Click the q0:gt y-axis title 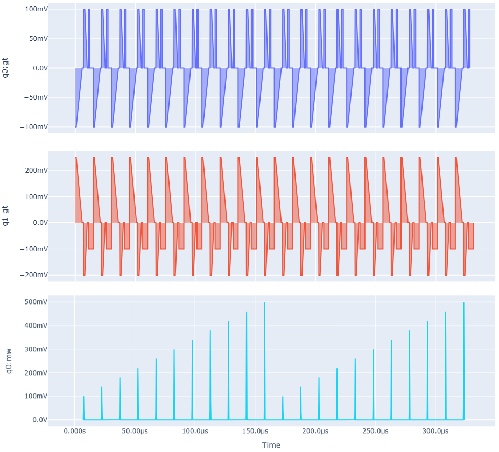[x=6, y=68]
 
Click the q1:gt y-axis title [x=6, y=215]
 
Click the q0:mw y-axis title [x=6, y=359]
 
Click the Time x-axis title [x=271, y=445]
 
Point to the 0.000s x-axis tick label [x=75, y=432]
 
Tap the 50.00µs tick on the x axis [x=135, y=432]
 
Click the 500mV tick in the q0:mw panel [x=33, y=302]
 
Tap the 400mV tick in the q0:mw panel [x=33, y=326]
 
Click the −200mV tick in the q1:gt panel [x=33, y=275]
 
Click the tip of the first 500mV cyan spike [x=264, y=302]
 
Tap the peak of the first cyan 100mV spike [x=83, y=397]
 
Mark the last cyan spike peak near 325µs [x=463, y=302]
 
